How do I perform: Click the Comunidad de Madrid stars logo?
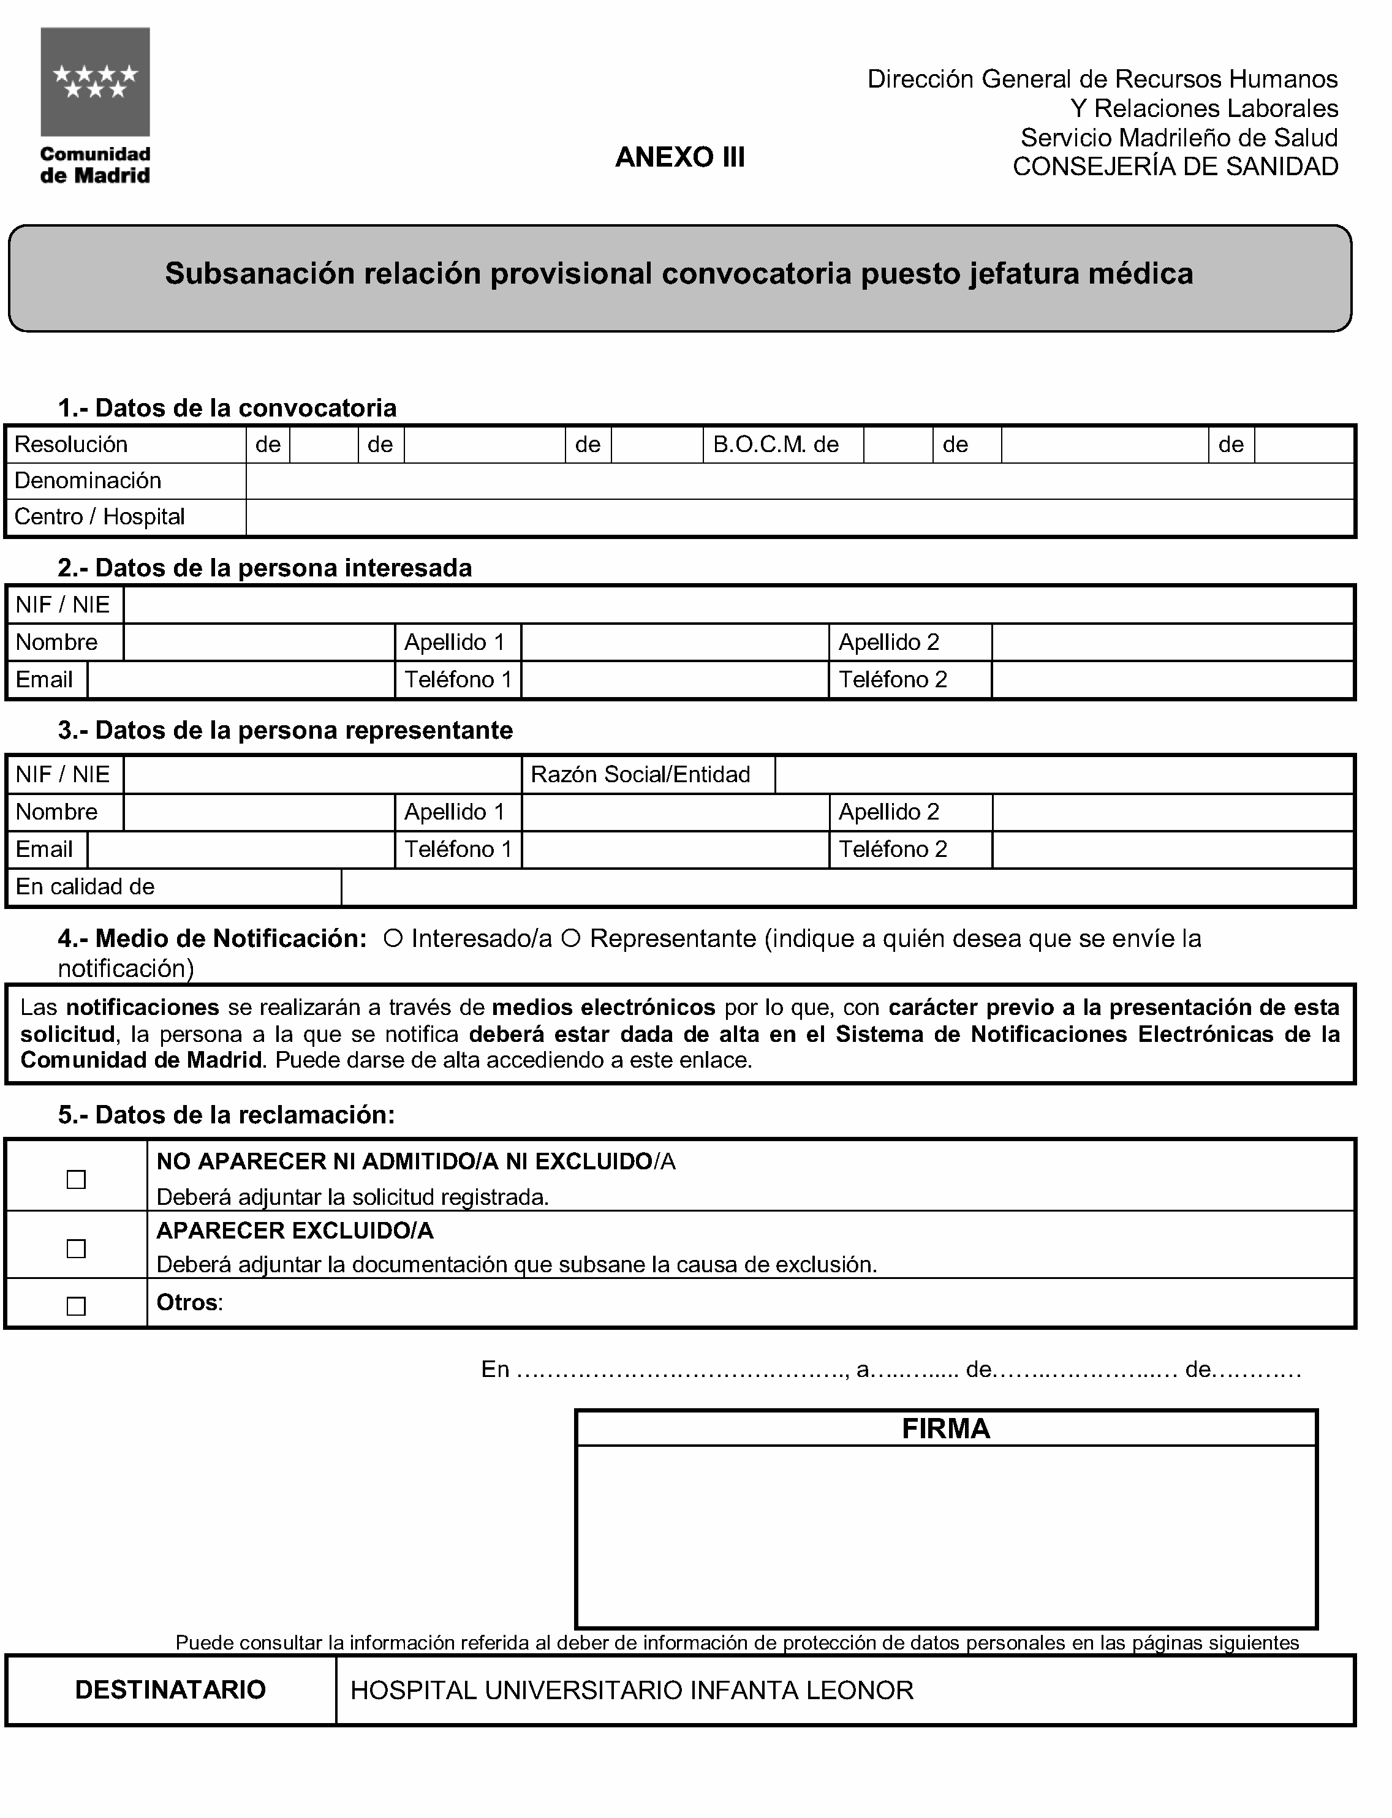96,82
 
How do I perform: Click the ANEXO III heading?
679,157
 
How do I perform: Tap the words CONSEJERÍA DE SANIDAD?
1175,167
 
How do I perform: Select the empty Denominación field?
799,481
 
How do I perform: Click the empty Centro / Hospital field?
799,518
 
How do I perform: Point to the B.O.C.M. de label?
776,445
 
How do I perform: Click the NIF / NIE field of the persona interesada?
738,605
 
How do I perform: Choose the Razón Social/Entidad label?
640,774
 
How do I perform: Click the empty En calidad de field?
847,887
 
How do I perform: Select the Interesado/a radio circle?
393,938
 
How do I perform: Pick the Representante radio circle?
569,938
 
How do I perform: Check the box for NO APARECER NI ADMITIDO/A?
76,1179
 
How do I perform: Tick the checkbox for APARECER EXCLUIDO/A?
76,1248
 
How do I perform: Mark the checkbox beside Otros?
76,1306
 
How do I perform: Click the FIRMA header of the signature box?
945,1428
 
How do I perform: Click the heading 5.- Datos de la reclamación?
226,1115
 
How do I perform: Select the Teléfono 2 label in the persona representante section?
893,850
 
